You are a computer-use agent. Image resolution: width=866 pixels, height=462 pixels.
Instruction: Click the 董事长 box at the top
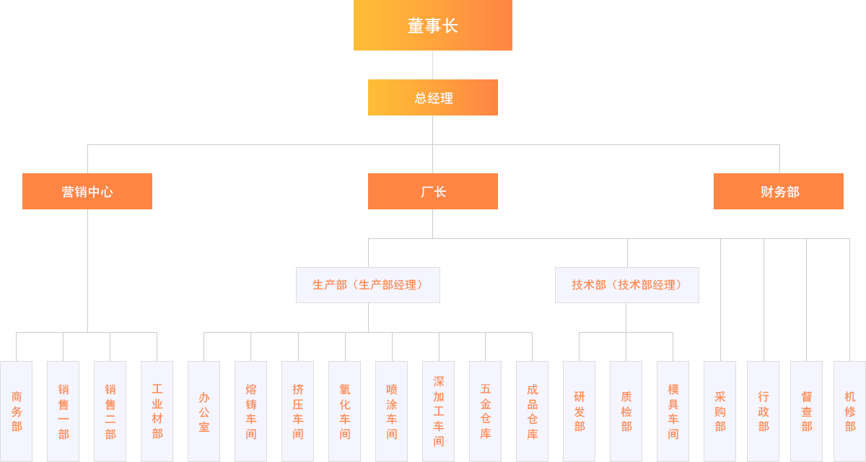(x=433, y=25)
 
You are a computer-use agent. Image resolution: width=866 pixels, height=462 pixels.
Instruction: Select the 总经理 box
(x=433, y=97)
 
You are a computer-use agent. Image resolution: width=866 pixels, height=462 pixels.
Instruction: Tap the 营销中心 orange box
(x=87, y=191)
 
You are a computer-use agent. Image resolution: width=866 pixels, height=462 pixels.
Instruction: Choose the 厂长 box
(x=433, y=191)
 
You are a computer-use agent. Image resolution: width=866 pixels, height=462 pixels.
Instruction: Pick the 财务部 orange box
(x=779, y=191)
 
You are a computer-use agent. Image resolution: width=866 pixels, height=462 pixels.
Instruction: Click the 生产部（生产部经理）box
(x=368, y=284)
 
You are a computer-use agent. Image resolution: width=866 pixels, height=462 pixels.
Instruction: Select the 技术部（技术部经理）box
(x=627, y=284)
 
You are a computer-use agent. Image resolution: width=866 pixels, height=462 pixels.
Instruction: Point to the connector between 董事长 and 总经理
(x=432, y=64)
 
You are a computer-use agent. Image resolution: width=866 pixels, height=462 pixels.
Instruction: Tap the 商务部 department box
(x=17, y=411)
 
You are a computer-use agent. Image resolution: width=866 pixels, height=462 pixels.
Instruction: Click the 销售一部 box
(x=64, y=411)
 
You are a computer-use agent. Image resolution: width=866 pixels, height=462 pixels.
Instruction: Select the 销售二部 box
(x=110, y=411)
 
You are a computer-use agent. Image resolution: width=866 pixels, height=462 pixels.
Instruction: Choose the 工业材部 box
(x=157, y=411)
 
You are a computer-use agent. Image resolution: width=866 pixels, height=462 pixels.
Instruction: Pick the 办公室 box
(x=204, y=411)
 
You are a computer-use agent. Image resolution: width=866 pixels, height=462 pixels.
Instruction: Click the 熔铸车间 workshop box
(x=251, y=411)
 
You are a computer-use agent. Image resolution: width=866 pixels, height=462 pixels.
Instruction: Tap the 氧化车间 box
(x=345, y=411)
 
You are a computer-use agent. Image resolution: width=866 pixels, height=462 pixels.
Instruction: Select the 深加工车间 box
(x=439, y=411)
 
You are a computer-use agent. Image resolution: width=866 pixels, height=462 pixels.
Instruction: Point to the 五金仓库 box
(x=486, y=411)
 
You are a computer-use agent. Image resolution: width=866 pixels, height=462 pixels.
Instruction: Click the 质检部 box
(x=626, y=411)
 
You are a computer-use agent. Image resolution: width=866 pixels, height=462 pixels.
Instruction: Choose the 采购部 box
(x=720, y=411)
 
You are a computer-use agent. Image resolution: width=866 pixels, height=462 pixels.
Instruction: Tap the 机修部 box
(x=849, y=411)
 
